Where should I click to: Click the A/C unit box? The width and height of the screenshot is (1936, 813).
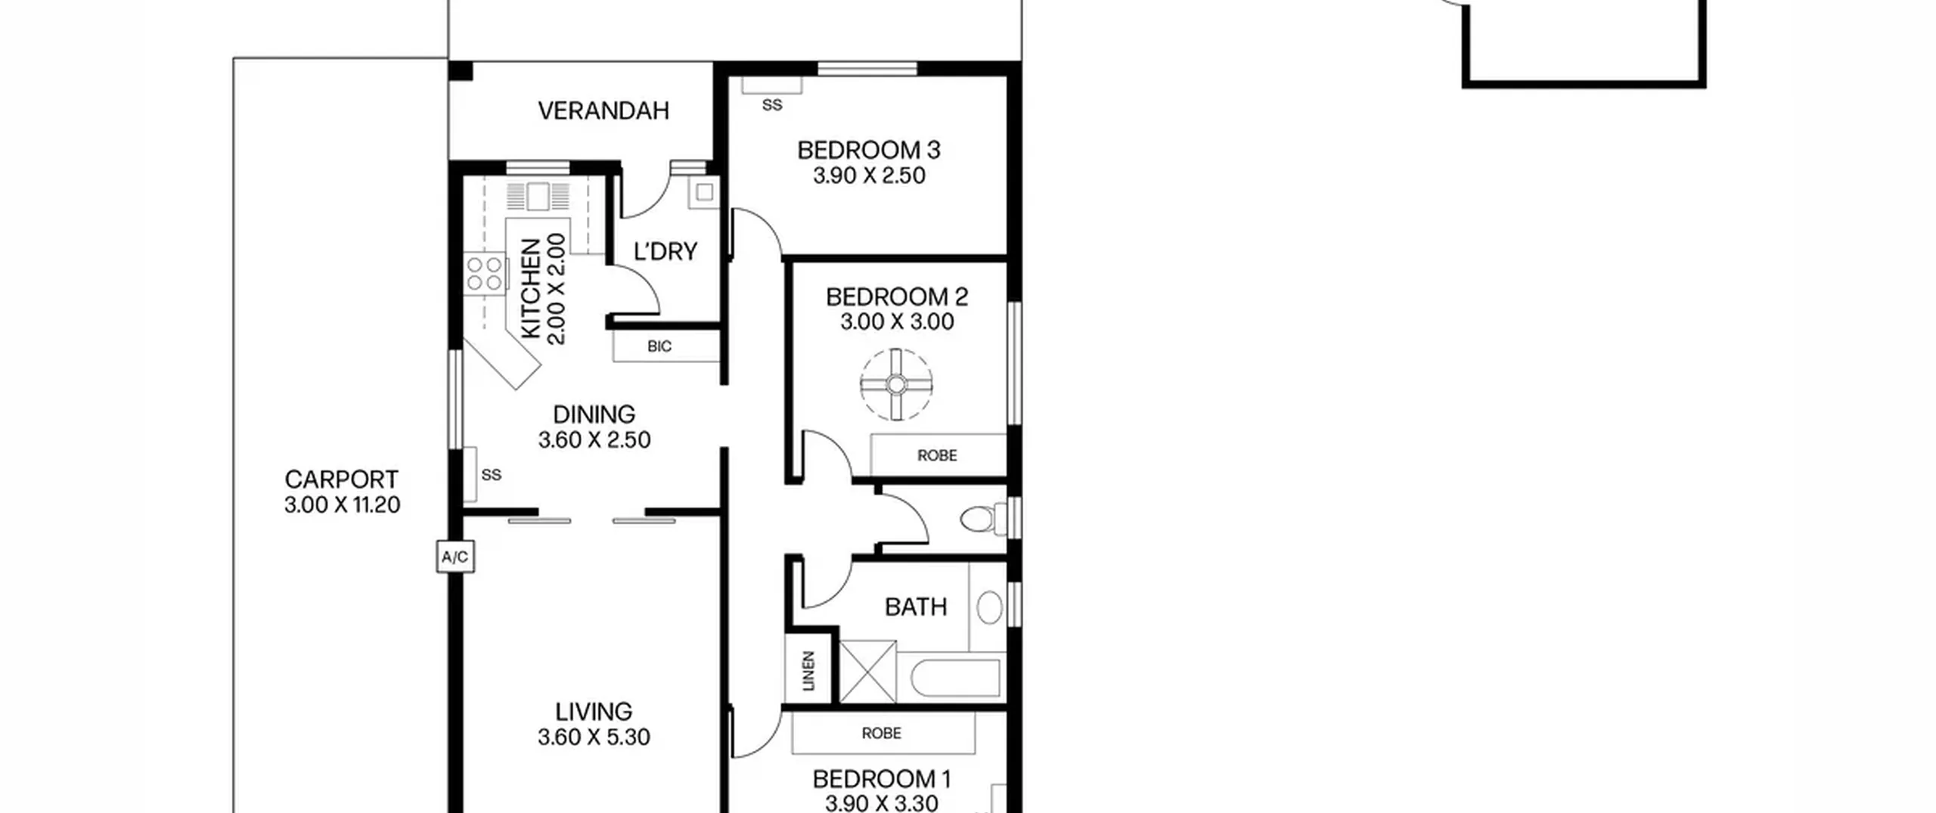455,557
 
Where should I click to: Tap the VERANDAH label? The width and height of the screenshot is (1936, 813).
603,111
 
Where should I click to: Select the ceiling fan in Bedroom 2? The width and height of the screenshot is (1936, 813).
896,384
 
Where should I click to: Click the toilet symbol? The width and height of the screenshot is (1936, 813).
982,519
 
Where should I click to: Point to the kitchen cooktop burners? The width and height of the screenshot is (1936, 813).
485,273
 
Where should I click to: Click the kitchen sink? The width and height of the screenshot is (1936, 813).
538,196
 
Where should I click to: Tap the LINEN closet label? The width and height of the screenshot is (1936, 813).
808,671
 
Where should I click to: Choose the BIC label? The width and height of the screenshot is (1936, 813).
659,346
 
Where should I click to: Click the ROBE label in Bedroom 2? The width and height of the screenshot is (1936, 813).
937,455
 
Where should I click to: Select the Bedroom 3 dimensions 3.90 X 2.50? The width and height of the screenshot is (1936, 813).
869,175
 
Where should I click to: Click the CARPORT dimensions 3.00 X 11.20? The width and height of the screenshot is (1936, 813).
342,505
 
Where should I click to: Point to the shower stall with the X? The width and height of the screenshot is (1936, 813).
867,671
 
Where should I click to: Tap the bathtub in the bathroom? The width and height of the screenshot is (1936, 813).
957,678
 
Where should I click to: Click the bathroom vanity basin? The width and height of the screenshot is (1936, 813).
989,607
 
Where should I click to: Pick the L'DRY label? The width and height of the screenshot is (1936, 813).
665,251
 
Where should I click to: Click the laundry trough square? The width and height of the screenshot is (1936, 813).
704,192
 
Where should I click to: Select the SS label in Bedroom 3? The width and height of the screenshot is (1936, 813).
772,105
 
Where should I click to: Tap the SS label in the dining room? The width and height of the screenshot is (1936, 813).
492,475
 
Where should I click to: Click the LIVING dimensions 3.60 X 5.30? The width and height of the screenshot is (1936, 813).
594,737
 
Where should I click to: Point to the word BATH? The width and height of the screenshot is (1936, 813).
916,607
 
